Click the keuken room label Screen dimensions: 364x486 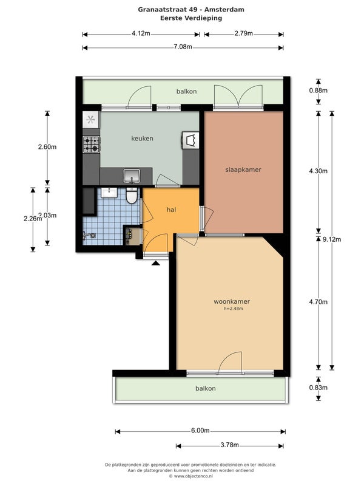[x=142, y=139]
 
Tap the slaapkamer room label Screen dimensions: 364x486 [x=243, y=170]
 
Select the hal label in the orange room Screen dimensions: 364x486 [x=171, y=210]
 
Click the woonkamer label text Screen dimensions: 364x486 [x=232, y=301]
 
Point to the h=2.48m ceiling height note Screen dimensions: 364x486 [x=234, y=309]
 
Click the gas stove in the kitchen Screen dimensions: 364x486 [x=92, y=145]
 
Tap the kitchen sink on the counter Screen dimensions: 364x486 [x=132, y=176]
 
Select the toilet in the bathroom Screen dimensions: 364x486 [x=132, y=196]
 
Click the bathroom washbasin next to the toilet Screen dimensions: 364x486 [x=109, y=193]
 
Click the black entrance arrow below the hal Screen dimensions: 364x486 [x=156, y=263]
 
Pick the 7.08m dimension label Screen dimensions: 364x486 [x=183, y=47]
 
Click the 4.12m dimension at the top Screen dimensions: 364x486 [x=141, y=33]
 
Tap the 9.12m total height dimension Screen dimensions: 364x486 [x=332, y=239]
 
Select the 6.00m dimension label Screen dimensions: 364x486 [x=200, y=431]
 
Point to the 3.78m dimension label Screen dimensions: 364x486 [x=230, y=445]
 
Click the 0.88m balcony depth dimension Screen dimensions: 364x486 [x=318, y=91]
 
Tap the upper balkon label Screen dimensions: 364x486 [x=186, y=92]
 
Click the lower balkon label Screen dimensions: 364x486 [x=206, y=388]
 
